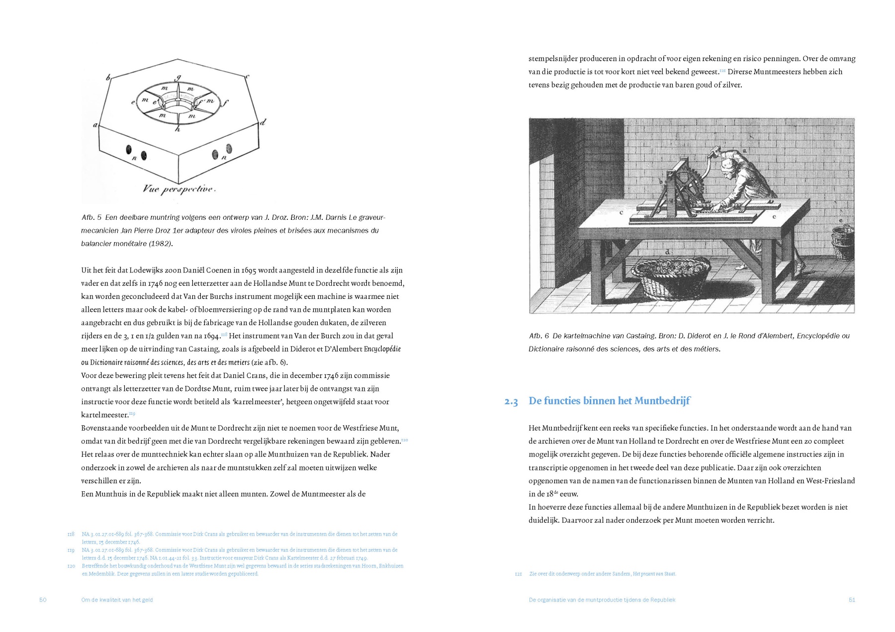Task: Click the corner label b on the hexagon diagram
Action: pyautogui.click(x=108, y=78)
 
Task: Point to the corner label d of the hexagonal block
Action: pyautogui.click(x=264, y=122)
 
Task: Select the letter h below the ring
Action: pyautogui.click(x=178, y=129)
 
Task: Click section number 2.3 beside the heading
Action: pyautogui.click(x=511, y=402)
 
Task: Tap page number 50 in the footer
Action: pyautogui.click(x=43, y=600)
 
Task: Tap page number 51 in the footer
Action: pyautogui.click(x=851, y=600)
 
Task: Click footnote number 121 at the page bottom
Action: pyautogui.click(x=518, y=574)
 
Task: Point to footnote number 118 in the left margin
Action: pyautogui.click(x=71, y=534)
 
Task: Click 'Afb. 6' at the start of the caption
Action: pyautogui.click(x=538, y=336)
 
